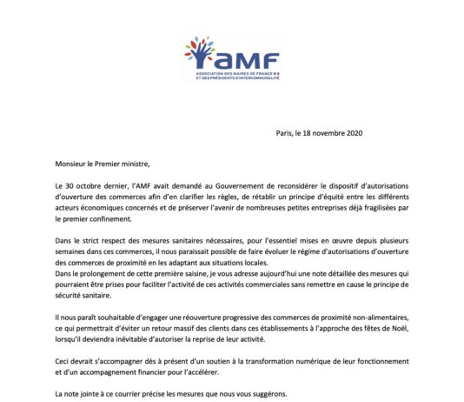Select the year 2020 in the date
350,133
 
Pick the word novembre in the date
324,133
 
